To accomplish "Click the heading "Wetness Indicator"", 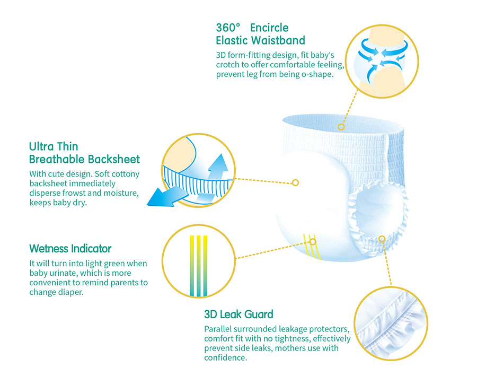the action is pyautogui.click(x=70, y=248).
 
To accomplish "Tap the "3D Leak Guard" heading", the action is pyautogui.click(x=239, y=314).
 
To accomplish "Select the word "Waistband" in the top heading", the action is pyautogui.click(x=278, y=40).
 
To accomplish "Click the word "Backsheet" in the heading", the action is pyautogui.click(x=114, y=159).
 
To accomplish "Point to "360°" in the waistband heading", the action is pyautogui.click(x=228, y=28).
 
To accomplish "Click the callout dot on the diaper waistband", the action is pyautogui.click(x=341, y=127).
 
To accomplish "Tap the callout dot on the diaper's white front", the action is pyautogui.click(x=295, y=182).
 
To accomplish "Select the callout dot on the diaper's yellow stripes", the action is pyautogui.click(x=313, y=242).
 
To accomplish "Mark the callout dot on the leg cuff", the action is pyautogui.click(x=382, y=239).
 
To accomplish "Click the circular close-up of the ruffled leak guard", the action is pyautogui.click(x=391, y=323).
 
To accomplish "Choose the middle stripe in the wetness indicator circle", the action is pyautogui.click(x=199, y=266).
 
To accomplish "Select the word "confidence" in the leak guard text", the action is pyautogui.click(x=225, y=357).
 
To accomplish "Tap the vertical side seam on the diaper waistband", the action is pyautogui.click(x=386, y=158).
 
